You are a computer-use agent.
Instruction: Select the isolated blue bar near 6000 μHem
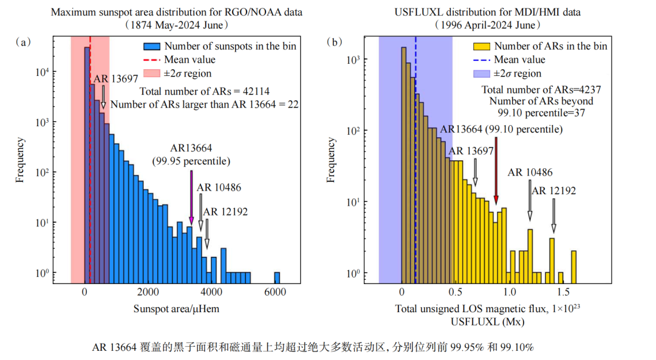(277, 277)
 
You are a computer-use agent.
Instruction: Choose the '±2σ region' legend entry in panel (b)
(517, 73)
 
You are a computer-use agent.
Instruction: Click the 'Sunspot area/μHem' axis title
(176, 309)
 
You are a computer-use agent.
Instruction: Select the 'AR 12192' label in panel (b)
(553, 191)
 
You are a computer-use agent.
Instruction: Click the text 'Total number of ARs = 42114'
(205, 91)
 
